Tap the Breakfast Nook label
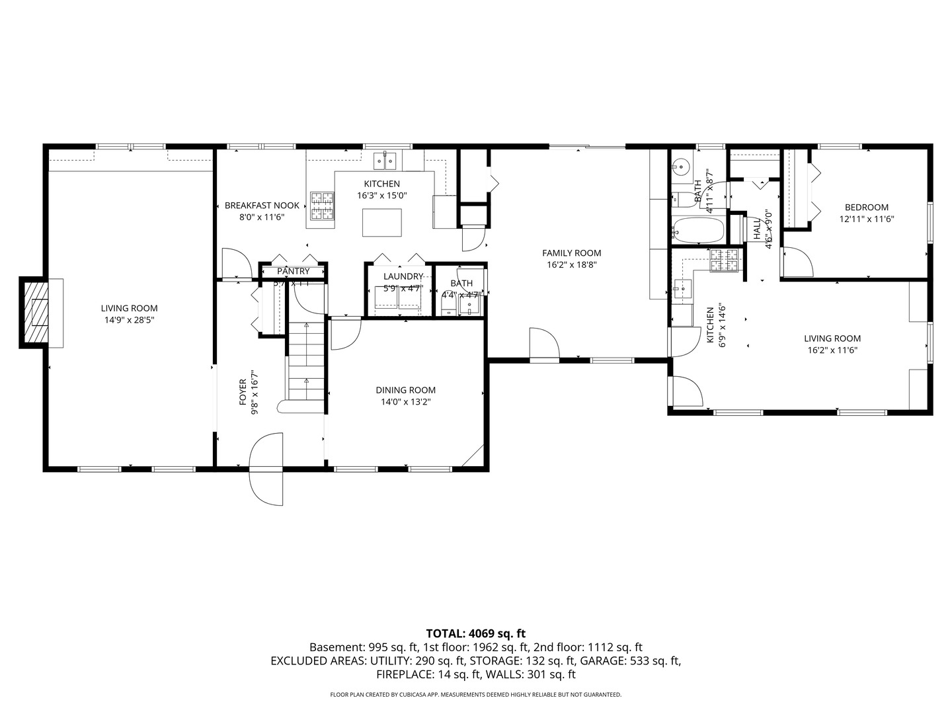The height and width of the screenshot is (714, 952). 262,206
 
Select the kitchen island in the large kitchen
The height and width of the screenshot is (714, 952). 381,222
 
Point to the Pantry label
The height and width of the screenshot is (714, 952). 293,271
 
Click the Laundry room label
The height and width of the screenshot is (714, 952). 403,276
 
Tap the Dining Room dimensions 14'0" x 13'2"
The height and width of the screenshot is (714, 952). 405,402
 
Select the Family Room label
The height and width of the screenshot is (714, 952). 571,253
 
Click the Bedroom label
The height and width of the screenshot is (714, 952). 866,207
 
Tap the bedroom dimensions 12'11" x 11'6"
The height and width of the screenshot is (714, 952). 866,219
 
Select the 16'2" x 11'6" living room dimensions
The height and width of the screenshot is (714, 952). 832,351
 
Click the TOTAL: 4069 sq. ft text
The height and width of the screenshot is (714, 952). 475,633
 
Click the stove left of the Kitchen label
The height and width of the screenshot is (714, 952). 323,206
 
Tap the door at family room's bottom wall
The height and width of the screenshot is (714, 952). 544,344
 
